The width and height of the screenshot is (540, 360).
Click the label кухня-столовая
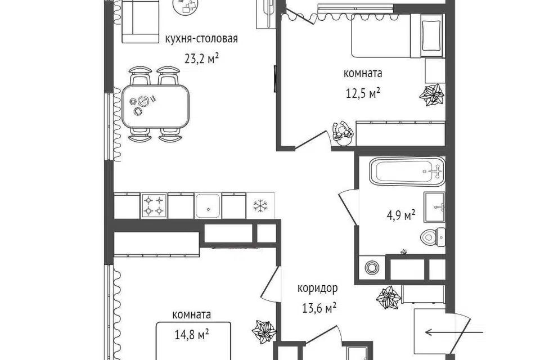click(x=201, y=39)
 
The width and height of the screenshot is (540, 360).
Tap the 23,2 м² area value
click(x=202, y=58)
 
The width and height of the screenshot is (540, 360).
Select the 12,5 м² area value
click(x=363, y=93)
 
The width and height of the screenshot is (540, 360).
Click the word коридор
click(x=317, y=289)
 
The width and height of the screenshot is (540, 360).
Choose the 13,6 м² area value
click(x=319, y=308)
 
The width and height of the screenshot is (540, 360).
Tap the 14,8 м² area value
click(x=191, y=335)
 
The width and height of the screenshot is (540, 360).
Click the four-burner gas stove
click(x=154, y=206)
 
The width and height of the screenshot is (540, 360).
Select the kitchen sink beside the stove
click(x=208, y=206)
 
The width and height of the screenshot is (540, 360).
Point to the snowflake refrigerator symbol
click(x=260, y=206)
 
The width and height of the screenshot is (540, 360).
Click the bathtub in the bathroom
click(x=407, y=171)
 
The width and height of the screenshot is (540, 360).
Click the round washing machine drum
click(x=372, y=268)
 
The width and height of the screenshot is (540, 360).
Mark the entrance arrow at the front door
click(x=454, y=332)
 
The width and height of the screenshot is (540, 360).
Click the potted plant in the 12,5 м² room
click(x=431, y=94)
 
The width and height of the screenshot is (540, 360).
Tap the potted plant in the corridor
click(x=389, y=298)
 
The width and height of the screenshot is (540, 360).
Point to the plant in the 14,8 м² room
click(x=264, y=332)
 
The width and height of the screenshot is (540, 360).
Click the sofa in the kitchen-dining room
click(x=140, y=21)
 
